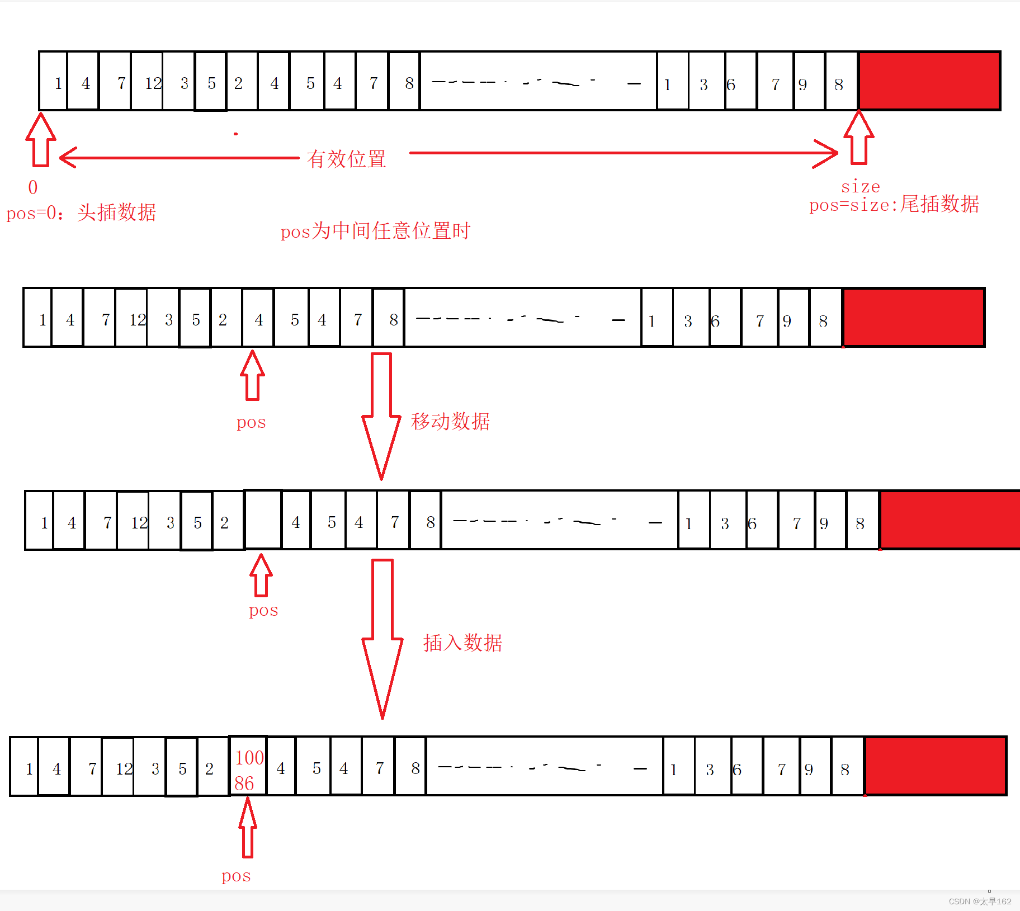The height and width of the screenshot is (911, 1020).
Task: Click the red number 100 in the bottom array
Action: [x=249, y=758]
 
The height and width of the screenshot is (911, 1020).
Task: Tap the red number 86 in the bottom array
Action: [x=244, y=783]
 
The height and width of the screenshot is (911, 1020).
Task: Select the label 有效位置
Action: [x=346, y=159]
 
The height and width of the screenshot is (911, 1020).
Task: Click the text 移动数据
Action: [x=450, y=421]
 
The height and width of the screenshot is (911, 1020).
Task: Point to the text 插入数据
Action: [x=462, y=643]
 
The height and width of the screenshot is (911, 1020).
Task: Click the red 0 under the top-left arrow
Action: [x=33, y=187]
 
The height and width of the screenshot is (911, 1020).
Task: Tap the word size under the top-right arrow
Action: [x=860, y=186]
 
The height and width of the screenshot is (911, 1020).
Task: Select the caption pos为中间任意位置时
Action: [x=375, y=231]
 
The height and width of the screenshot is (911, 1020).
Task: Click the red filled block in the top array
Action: [x=929, y=81]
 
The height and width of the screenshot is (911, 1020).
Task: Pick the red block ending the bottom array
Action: [x=935, y=766]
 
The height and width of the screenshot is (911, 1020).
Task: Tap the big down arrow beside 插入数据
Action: [x=382, y=638]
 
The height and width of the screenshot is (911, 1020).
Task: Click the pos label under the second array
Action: [x=251, y=422]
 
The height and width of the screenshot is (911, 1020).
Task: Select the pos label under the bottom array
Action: [x=236, y=876]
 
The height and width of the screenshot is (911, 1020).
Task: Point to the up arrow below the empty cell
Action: [x=261, y=575]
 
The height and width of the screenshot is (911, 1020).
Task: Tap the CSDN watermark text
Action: [x=980, y=901]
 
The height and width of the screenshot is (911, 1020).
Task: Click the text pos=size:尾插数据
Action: [x=894, y=205]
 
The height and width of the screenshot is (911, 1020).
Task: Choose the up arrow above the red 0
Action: [x=41, y=140]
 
